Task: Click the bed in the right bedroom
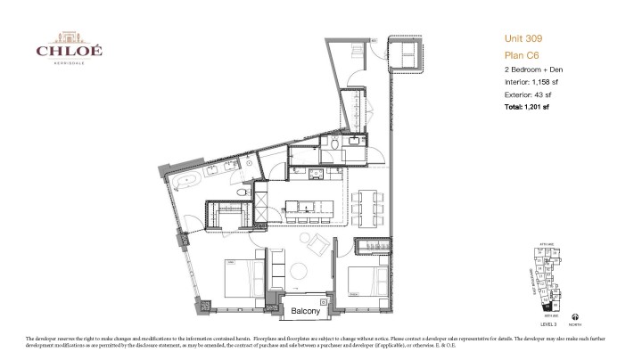click(x=360, y=281)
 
